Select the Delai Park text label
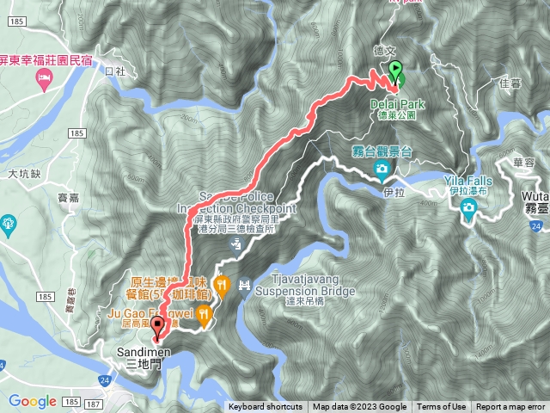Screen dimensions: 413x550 coord(393,103)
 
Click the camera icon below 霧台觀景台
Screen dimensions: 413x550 coord(381,170)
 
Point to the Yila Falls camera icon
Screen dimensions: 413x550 coord(468,209)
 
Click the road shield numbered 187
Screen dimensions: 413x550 coord(95,403)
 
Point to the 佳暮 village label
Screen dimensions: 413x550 coord(486,83)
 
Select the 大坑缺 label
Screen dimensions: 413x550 coord(25,174)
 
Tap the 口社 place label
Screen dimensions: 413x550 coord(114,71)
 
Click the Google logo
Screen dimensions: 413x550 coord(32,401)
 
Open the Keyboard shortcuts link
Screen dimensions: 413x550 coord(265,407)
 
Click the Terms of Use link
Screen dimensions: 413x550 coord(441,407)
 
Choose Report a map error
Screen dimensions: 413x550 coord(510,407)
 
